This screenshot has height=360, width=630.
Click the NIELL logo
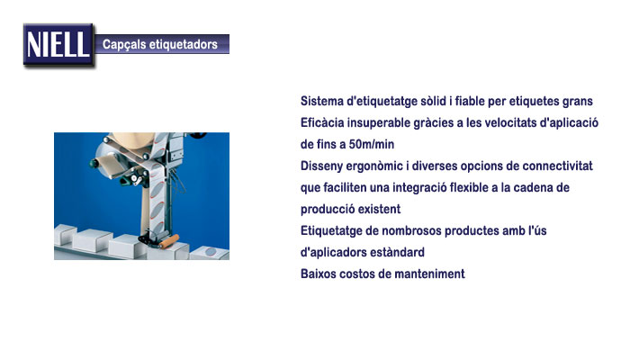point(58,45)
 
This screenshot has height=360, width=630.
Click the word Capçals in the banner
point(124,44)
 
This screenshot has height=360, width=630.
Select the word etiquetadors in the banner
point(184,44)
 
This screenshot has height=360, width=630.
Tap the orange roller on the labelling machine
point(169,241)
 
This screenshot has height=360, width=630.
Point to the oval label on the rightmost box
point(211,252)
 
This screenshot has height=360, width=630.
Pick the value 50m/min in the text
point(371,144)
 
